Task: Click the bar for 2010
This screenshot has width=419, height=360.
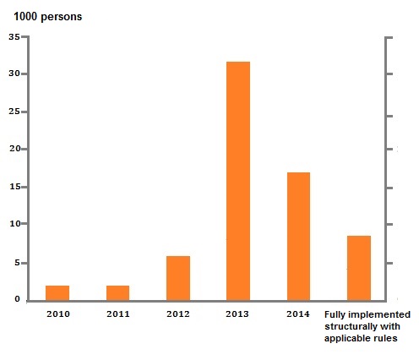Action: pyautogui.click(x=57, y=292)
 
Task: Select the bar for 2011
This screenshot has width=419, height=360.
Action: pyautogui.click(x=117, y=292)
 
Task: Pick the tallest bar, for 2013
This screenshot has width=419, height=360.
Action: pyautogui.click(x=238, y=181)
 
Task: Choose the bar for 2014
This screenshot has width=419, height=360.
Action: pyautogui.click(x=298, y=236)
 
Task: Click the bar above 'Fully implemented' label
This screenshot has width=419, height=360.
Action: pyautogui.click(x=359, y=268)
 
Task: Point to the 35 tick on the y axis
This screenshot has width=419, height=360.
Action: pyautogui.click(x=15, y=37)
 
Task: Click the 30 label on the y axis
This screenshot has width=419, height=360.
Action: pyautogui.click(x=15, y=74)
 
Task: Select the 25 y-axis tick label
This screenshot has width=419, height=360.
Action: pyautogui.click(x=15, y=112)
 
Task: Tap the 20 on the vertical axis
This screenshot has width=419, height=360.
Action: pyautogui.click(x=15, y=150)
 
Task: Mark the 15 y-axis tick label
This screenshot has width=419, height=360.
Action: pyautogui.click(x=15, y=187)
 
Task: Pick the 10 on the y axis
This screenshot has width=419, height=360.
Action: pyautogui.click(x=15, y=224)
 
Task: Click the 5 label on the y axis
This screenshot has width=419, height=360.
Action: pyautogui.click(x=18, y=263)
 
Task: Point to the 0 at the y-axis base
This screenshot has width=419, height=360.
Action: pyautogui.click(x=18, y=299)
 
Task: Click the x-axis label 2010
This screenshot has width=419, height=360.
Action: pyautogui.click(x=57, y=314)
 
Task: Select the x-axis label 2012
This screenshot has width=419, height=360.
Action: pyautogui.click(x=178, y=314)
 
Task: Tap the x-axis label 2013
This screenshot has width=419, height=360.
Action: pyautogui.click(x=238, y=314)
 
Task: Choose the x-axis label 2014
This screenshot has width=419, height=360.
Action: pyautogui.click(x=298, y=314)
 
